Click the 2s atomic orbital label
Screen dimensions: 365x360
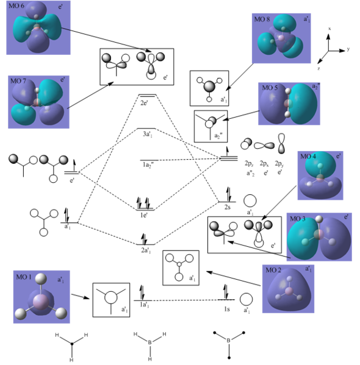coord(228,208)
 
